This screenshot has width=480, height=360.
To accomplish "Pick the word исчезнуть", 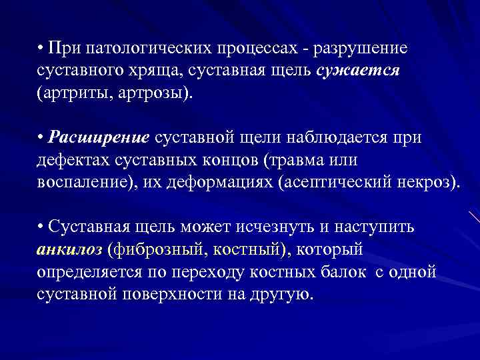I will coord(271,227).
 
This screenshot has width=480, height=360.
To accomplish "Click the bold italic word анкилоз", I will coord(69,249).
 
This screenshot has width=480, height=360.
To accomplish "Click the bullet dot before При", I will coord(41,49).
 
